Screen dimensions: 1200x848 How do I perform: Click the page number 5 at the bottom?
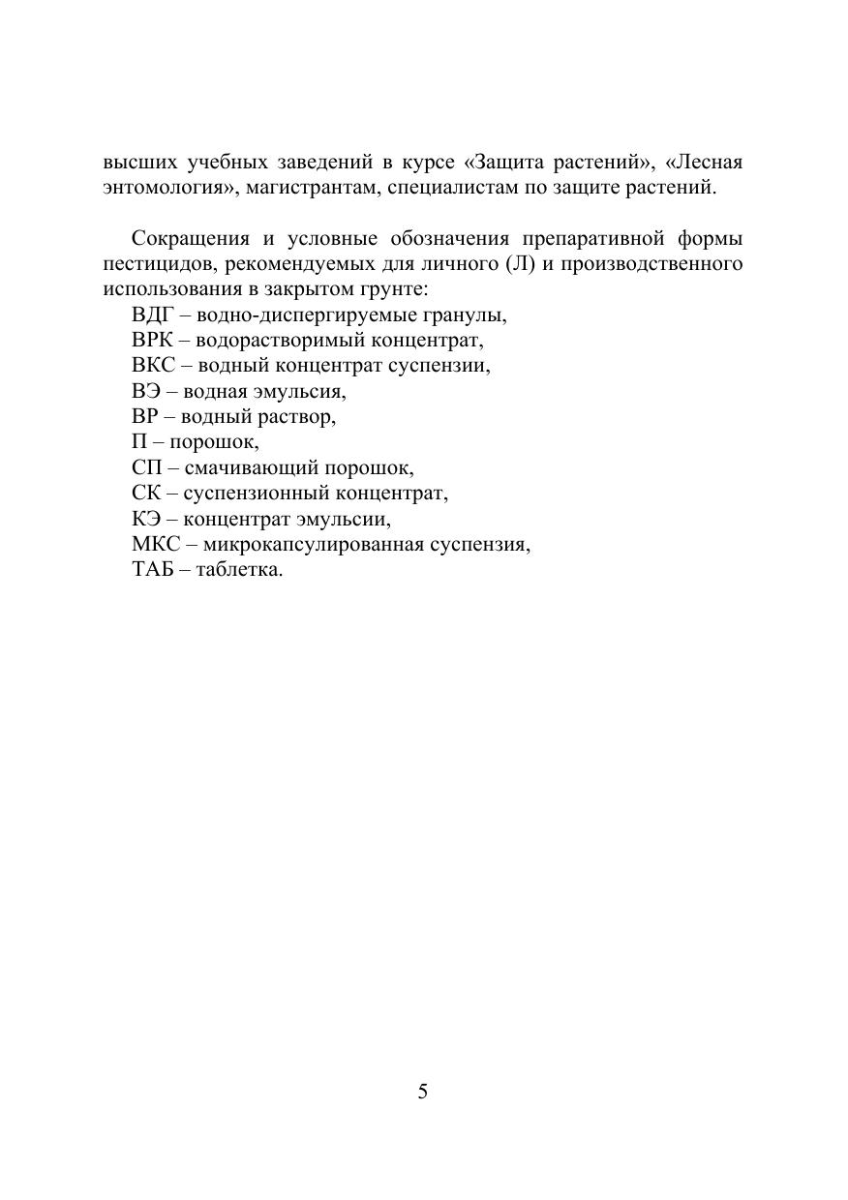coord(423,1093)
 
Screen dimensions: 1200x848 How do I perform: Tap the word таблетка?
coord(239,570)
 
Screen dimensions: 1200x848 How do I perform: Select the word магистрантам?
coord(310,188)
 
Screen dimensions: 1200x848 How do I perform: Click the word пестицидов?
coord(155,263)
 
